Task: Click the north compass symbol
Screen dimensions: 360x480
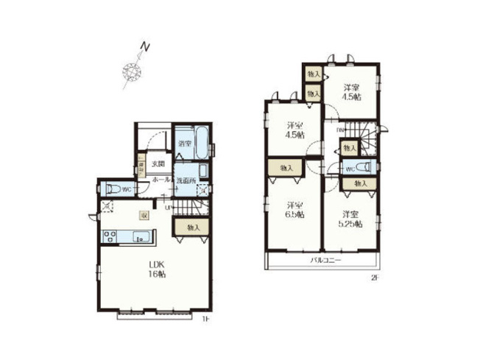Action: (133, 71)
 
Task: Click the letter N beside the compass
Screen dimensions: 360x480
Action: (146, 49)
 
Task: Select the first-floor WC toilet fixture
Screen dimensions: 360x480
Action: (111, 188)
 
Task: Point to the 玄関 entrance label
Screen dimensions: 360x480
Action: (158, 163)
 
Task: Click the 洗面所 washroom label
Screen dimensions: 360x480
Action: (184, 180)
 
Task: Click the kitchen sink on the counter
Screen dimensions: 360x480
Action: (140, 237)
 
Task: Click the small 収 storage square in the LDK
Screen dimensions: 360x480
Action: (146, 215)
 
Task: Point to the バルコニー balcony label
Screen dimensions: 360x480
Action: (324, 261)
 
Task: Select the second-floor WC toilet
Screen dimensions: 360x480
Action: (366, 167)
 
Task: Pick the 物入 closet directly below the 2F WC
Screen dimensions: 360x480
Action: (359, 183)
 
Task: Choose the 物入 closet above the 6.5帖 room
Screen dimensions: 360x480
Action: (286, 168)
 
